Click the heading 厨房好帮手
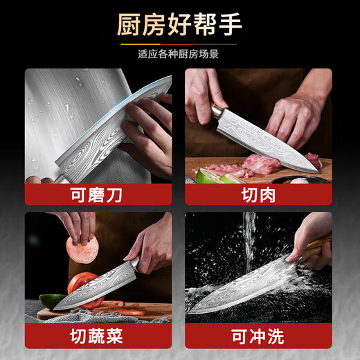tap(179, 26)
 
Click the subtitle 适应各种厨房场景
tap(179, 53)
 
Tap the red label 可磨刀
tap(98, 195)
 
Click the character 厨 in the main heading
tap(129, 26)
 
